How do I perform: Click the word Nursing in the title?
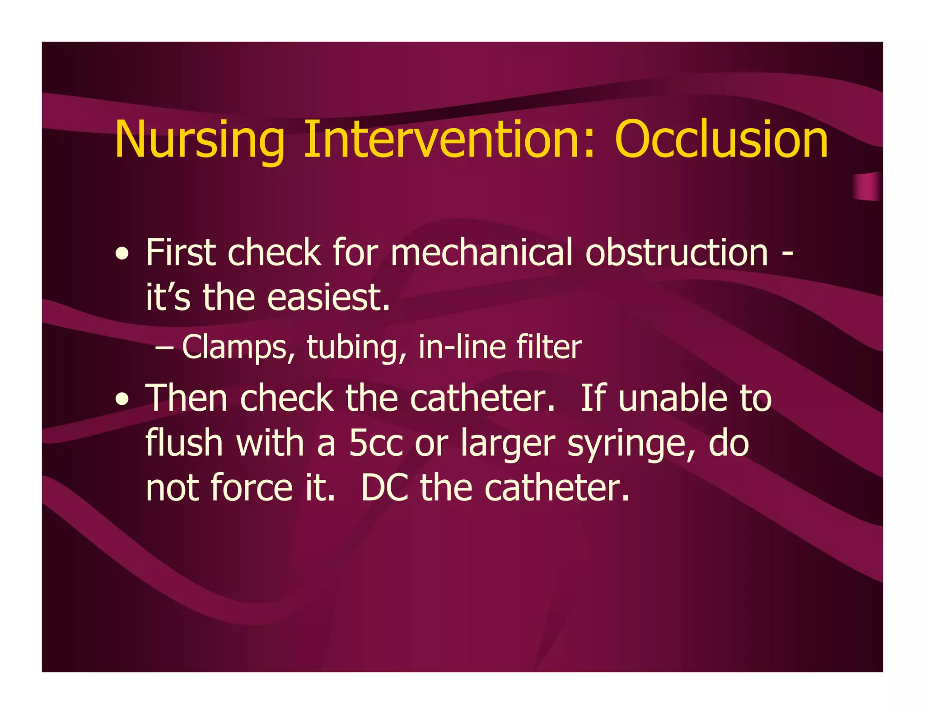coord(199,140)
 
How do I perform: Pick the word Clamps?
coord(238,348)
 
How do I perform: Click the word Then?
coord(186,398)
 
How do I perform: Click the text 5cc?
coord(375,444)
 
